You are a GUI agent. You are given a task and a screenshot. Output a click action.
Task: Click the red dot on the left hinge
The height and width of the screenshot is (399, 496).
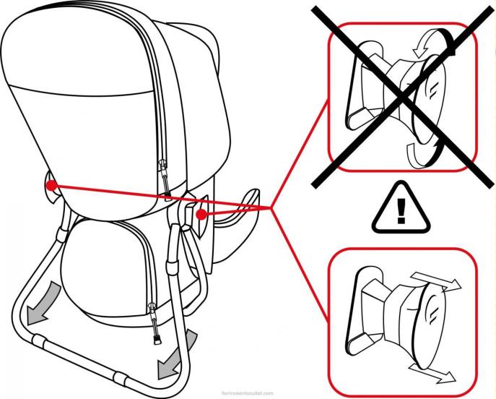51,186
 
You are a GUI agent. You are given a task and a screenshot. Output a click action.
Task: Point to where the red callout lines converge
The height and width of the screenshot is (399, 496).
271,208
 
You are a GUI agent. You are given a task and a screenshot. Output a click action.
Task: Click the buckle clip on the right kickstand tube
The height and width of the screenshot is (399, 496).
173,270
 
